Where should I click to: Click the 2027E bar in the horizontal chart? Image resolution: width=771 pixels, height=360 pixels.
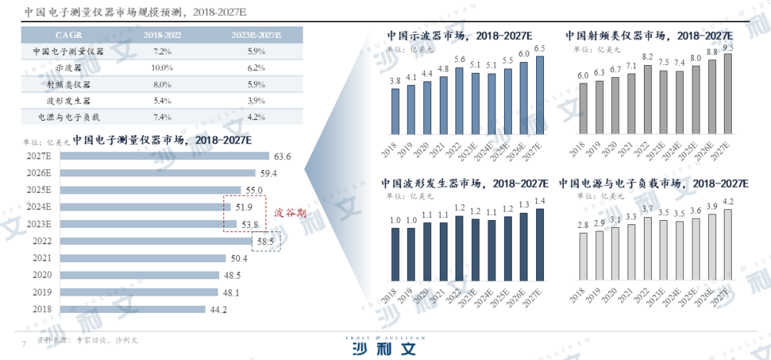click(x=164, y=156)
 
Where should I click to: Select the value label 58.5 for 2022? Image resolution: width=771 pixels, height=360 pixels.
click(x=265, y=241)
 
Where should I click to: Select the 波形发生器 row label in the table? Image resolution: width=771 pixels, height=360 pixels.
click(x=69, y=100)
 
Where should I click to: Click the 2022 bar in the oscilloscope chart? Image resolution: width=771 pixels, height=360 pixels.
click(x=459, y=101)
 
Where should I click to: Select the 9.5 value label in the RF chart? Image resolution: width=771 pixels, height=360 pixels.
click(x=727, y=47)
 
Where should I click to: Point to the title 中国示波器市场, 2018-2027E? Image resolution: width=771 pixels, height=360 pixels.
click(x=460, y=35)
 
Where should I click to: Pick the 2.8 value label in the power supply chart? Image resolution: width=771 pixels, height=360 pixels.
click(x=583, y=226)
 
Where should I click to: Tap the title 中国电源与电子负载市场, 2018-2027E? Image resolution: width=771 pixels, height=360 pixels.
click(x=653, y=184)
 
